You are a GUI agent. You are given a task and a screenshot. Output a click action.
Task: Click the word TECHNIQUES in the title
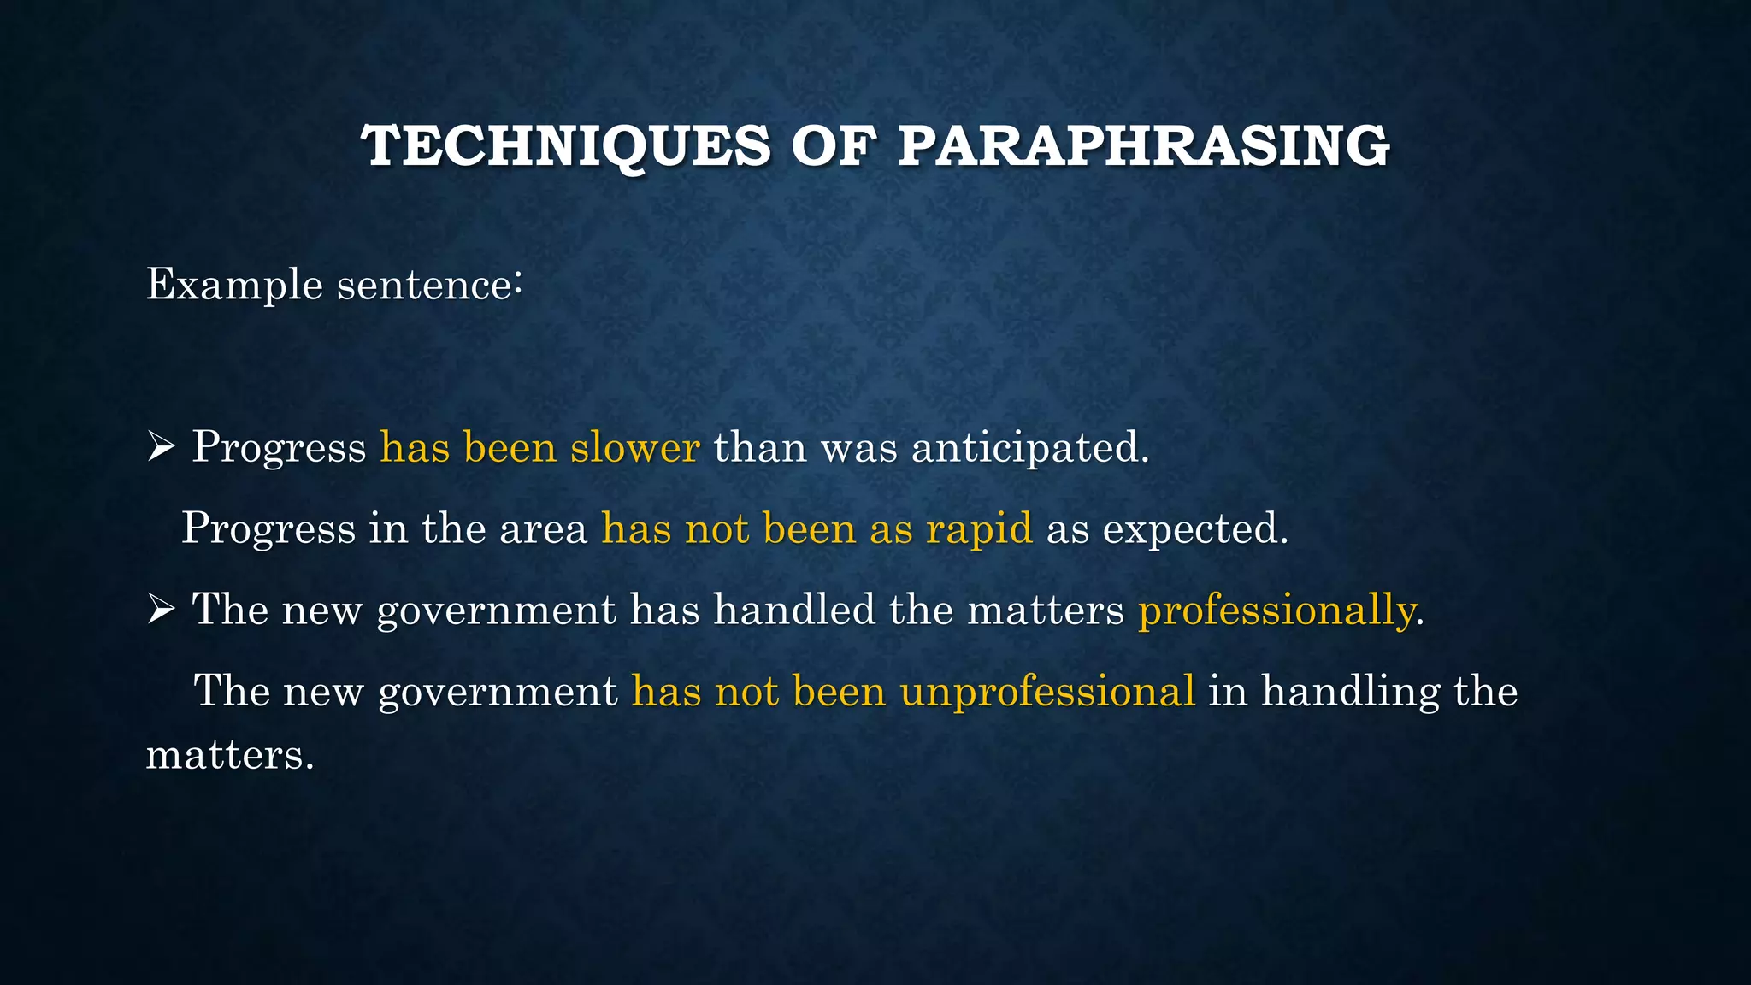pyautogui.click(x=567, y=145)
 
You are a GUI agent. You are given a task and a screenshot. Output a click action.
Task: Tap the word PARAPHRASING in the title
pyautogui.click(x=1144, y=145)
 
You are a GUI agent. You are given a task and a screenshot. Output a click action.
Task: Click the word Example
pyautogui.click(x=234, y=285)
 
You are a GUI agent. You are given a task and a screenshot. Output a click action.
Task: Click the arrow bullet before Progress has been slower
pyautogui.click(x=161, y=446)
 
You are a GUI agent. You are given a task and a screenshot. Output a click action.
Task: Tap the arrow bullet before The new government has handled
pyautogui.click(x=161, y=610)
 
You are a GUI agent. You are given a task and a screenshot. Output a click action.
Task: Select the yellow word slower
pyautogui.click(x=635, y=447)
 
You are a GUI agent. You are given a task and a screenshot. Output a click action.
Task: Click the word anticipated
pyautogui.click(x=1030, y=447)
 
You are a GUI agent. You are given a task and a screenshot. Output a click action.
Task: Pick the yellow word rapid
pyautogui.click(x=979, y=528)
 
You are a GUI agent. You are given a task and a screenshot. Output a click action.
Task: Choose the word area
pyautogui.click(x=544, y=528)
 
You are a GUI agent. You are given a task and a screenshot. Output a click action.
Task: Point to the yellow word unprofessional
pyautogui.click(x=1047, y=691)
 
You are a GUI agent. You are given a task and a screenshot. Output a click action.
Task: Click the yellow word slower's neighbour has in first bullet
pyautogui.click(x=415, y=447)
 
